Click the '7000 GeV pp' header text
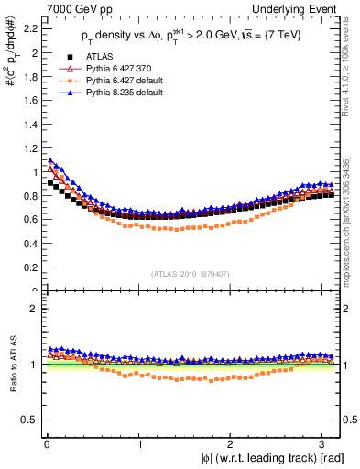click(x=69, y=8)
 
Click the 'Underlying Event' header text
click(x=295, y=8)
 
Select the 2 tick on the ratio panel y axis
click(x=31, y=309)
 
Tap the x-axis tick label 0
click(x=45, y=444)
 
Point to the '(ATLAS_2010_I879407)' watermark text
click(x=191, y=274)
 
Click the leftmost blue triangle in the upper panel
click(x=50, y=160)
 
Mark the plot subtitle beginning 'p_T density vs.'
click(x=183, y=36)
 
